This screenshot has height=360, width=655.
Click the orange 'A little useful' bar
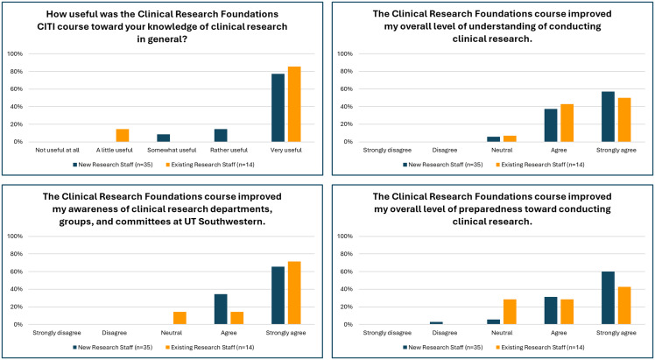(x=123, y=135)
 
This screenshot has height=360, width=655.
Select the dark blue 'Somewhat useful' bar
(x=164, y=138)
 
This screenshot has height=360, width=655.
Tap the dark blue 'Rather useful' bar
(x=221, y=135)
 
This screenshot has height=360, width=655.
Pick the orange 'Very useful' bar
(x=294, y=104)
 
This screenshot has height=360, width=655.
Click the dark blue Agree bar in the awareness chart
(x=221, y=309)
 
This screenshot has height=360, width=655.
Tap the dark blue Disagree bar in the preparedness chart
(x=436, y=323)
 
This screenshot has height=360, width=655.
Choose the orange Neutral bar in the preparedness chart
(x=510, y=312)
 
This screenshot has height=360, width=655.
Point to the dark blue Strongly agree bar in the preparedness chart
(x=608, y=298)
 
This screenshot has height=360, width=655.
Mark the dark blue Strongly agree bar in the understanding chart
(x=608, y=117)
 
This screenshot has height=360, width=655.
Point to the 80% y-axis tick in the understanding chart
(x=348, y=72)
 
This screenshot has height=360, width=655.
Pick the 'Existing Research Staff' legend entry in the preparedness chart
(x=540, y=347)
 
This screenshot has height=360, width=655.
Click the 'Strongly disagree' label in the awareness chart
(x=57, y=333)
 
